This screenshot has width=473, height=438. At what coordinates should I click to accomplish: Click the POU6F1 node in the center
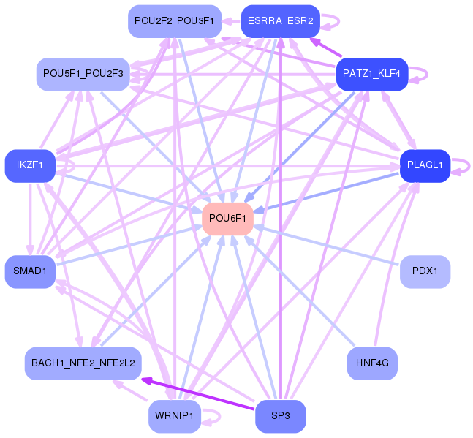point(227,219)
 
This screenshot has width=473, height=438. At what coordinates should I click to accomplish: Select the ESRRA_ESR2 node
point(280,21)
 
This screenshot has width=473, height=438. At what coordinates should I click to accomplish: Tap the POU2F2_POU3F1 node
point(174,21)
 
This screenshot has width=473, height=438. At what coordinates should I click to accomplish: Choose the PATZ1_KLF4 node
point(372,74)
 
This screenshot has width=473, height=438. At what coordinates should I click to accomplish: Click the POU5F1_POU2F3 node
point(83,74)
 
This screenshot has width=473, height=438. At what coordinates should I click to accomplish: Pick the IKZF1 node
point(30,165)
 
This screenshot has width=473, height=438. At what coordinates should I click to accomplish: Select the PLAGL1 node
point(425,165)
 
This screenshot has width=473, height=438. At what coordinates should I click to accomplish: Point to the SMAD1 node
point(30,271)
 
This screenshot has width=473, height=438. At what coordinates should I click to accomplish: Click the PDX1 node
point(425,271)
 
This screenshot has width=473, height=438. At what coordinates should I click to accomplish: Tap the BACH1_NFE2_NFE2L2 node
point(83,363)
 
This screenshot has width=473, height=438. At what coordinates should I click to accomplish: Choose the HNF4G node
point(372,363)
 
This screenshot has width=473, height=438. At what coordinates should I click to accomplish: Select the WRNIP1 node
point(174,416)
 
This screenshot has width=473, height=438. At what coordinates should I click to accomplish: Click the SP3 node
point(280,416)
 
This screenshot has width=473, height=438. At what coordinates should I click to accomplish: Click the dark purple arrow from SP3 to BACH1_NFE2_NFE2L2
point(197,393)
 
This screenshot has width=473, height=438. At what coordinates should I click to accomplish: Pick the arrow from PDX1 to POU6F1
point(327,245)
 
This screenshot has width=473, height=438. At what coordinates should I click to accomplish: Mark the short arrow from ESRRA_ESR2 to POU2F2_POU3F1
point(231,21)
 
